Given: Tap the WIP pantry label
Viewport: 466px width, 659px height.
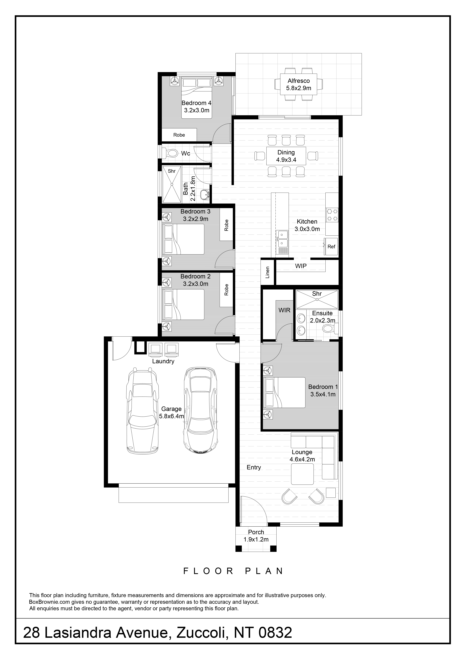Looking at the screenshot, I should [x=301, y=266].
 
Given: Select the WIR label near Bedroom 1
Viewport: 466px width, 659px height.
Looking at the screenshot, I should [x=284, y=310].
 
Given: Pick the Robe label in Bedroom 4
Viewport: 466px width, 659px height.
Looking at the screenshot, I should [x=179, y=135].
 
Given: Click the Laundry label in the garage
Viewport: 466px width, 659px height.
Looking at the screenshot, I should [x=163, y=361].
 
